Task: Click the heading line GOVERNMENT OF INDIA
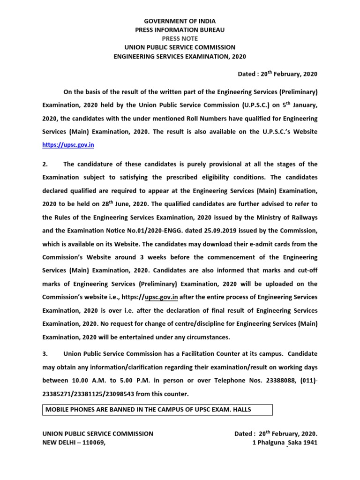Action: tap(180, 21)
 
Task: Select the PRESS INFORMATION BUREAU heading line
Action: tap(180, 30)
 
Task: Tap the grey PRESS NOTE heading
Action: tap(180, 38)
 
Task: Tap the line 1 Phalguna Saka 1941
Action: tap(285, 442)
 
